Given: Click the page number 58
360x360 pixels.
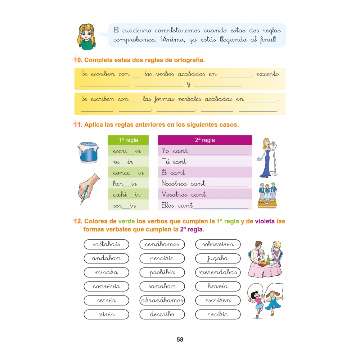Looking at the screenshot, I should tap(180, 339).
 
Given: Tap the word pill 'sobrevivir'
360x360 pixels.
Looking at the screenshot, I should tap(218, 245).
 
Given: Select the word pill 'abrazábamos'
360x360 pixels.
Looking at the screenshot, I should tap(162, 300).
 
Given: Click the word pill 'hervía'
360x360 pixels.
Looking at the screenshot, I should tap(218, 287).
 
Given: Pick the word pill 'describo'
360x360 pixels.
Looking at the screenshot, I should tap(162, 314).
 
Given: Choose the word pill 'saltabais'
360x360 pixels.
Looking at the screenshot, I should tap(106, 245).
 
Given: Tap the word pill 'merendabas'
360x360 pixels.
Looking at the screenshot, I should tap(218, 273).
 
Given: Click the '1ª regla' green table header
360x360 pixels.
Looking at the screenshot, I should tap(128, 140).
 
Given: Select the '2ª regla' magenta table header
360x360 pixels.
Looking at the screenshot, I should tap(205, 140).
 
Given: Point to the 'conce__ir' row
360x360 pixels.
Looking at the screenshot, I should tap(128, 173).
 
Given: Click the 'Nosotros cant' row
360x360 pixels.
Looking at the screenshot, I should tap(205, 184).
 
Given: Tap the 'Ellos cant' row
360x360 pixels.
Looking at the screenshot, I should tap(205, 205).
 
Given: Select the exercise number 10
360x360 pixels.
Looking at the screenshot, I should tap(78, 60).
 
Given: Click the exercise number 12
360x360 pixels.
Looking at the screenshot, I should tap(78, 221).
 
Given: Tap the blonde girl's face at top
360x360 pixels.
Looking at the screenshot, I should tap(87, 35).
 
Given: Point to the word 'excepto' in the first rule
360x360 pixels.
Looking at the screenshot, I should tap(267, 74).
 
